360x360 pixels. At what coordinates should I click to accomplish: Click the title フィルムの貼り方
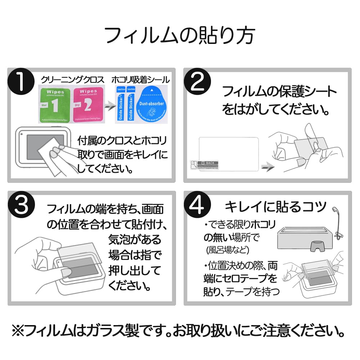pos(180,35)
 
